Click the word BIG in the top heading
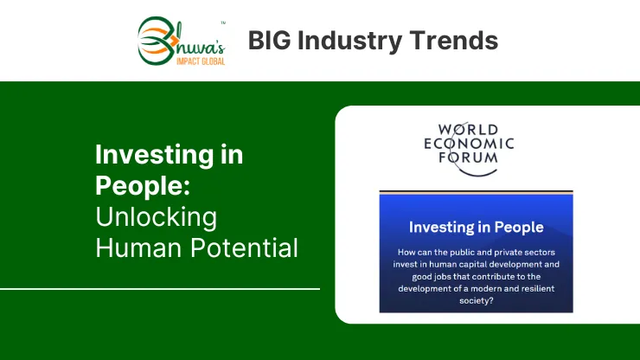tap(269, 41)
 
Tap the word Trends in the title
tap(454, 41)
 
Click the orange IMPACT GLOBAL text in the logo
tap(201, 61)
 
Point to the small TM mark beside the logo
tap(223, 22)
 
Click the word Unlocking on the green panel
tap(156, 216)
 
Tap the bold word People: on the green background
tap(143, 187)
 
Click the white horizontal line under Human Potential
tap(160, 289)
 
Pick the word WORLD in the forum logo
tap(469, 130)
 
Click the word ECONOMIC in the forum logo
tap(469, 144)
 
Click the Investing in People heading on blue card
tap(476, 228)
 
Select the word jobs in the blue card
tap(433, 277)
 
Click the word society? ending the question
tap(477, 301)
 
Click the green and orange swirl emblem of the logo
tap(157, 41)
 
